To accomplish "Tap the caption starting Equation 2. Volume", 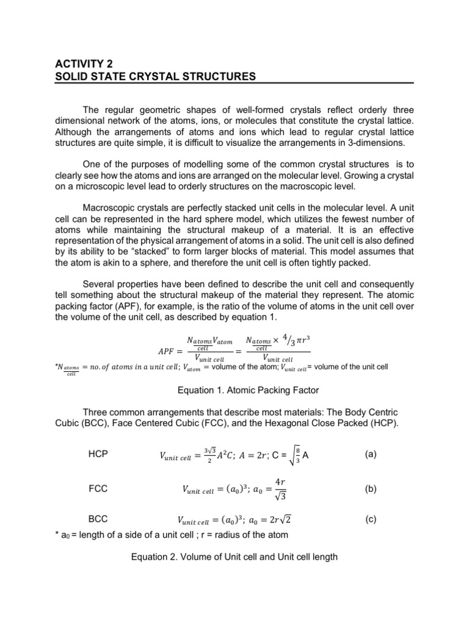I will tap(234, 558).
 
